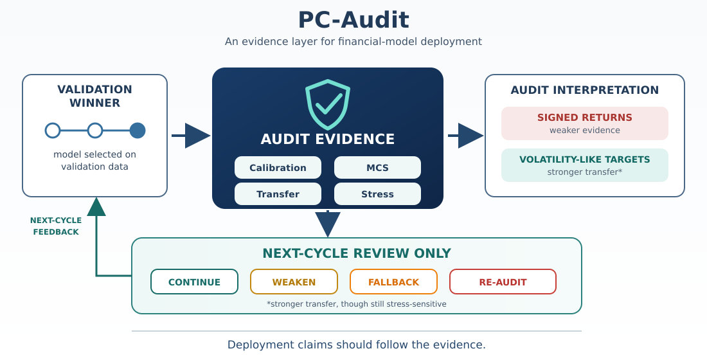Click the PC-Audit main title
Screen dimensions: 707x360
[x=353, y=21]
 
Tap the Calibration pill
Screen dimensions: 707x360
[x=278, y=168]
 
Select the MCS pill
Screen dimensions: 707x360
[x=377, y=168]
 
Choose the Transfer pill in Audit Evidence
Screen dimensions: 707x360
[x=278, y=194]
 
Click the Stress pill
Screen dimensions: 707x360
[x=377, y=194]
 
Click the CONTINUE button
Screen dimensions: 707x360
[x=194, y=282]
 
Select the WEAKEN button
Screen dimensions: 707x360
[x=294, y=282]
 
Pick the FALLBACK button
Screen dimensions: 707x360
[x=393, y=282]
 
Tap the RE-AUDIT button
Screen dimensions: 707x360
[x=503, y=282]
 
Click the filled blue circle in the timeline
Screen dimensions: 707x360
[x=138, y=130]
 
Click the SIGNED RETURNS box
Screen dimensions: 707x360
[x=585, y=123]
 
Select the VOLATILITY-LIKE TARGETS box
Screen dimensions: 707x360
[x=585, y=165]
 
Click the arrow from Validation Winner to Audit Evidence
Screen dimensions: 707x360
[x=191, y=136]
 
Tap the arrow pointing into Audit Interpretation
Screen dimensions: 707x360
[x=466, y=136]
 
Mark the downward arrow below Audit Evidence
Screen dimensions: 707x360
[x=328, y=224]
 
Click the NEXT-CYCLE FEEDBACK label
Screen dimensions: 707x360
[x=56, y=226]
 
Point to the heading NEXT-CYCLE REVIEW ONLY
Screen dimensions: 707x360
[x=357, y=253]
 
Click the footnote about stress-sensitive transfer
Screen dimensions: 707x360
[x=357, y=304]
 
